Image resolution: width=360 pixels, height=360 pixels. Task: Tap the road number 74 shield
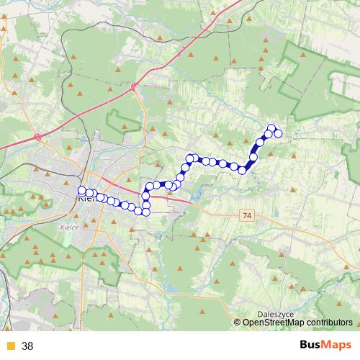[248, 215]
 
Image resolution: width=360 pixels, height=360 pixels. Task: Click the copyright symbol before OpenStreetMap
[238, 323]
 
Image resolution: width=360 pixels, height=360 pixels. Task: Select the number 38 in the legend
[27, 346]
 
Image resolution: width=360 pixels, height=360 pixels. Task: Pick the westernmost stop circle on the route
[82, 191]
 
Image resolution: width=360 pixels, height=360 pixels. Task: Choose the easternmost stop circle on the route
[278, 133]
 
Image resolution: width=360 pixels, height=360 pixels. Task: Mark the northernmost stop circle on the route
[272, 128]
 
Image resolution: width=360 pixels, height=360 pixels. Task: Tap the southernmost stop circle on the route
[146, 211]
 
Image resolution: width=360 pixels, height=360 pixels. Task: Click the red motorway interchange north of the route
[135, 87]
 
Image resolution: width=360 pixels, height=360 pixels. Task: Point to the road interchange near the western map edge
[36, 136]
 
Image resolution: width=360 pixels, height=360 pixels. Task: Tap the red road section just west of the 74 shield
[216, 211]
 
